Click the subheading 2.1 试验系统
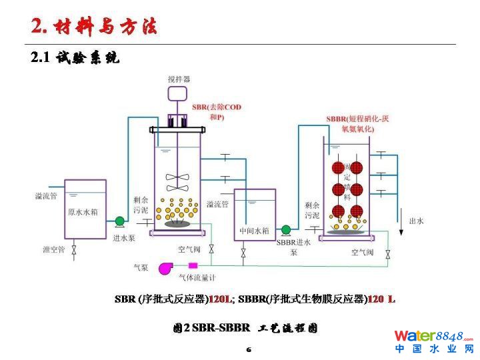coord(75,59)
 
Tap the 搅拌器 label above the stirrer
coord(179,79)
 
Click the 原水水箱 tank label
coord(83,213)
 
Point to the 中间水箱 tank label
coord(254,231)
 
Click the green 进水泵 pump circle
coord(120,221)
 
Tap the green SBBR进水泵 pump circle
coord(286,229)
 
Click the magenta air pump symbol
coord(165,267)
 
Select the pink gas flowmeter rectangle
coord(193,267)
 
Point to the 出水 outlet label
coord(416,221)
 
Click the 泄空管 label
coord(53,249)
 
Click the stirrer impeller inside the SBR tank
coord(178,178)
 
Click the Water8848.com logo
coord(433,341)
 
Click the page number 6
coord(248,349)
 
